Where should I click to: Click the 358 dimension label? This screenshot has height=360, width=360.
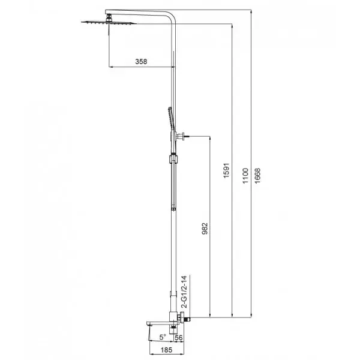[x=141, y=62]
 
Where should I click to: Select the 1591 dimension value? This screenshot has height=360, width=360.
[x=226, y=170]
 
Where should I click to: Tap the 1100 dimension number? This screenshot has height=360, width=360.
[x=245, y=176]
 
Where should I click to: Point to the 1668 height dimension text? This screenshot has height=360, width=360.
[x=257, y=176]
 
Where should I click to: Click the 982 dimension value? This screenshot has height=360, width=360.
[x=205, y=229]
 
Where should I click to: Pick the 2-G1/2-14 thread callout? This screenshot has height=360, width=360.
[x=184, y=292]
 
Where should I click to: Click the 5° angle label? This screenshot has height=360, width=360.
[x=163, y=337]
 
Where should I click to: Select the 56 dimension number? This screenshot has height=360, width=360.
[x=179, y=338]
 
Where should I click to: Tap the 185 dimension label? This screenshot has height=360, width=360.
[x=166, y=350]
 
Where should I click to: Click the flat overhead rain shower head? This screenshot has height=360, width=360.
[x=109, y=23]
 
